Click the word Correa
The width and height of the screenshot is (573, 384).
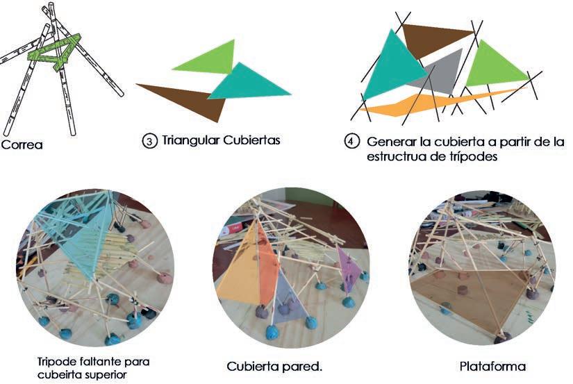coord(22,145)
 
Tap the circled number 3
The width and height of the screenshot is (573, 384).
coord(149,140)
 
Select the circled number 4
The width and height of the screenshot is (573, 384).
coord(352,141)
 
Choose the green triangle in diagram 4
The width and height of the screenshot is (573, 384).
coord(493,66)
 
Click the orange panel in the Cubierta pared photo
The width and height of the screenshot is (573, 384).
coord(240,267)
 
